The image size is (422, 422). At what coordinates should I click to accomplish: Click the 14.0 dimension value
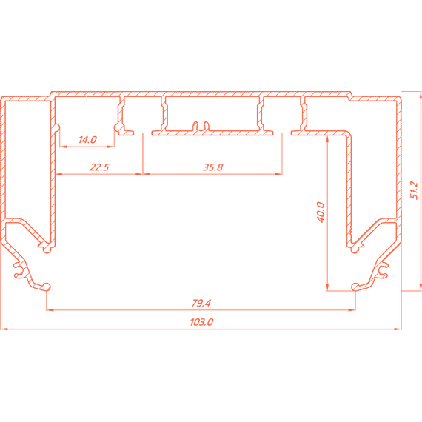tap(87, 140)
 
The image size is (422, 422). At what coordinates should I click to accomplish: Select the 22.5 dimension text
tap(99, 167)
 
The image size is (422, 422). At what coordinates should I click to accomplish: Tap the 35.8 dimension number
tap(213, 167)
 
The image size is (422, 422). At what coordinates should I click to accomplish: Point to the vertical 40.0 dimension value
tap(321, 212)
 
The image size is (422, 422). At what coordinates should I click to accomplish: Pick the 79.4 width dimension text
tap(201, 303)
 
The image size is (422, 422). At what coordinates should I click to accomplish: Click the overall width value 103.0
tap(201, 322)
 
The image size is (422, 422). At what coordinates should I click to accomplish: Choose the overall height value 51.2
tap(414, 190)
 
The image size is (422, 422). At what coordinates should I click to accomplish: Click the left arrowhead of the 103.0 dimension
tap(4, 329)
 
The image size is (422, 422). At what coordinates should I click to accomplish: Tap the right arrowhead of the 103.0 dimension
tap(398, 329)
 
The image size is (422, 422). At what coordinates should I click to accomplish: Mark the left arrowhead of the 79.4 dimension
tap(50, 310)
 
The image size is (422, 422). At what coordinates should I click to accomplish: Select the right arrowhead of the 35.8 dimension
tap(278, 174)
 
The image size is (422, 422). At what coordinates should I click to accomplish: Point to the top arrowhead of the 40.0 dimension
tap(327, 139)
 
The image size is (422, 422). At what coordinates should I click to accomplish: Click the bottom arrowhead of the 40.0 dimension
tap(327, 287)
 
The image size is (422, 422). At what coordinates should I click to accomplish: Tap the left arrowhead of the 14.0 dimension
tap(63, 147)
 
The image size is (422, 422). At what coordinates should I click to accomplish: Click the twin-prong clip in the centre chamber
tap(201, 126)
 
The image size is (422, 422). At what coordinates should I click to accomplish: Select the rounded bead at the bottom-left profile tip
tap(47, 287)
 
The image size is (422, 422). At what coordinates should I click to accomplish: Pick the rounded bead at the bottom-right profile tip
tap(355, 287)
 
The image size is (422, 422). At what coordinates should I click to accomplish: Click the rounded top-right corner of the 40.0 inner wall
tap(349, 133)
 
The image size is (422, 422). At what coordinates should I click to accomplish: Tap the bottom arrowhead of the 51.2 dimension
tap(421, 287)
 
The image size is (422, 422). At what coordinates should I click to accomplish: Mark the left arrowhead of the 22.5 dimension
tap(59, 174)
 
